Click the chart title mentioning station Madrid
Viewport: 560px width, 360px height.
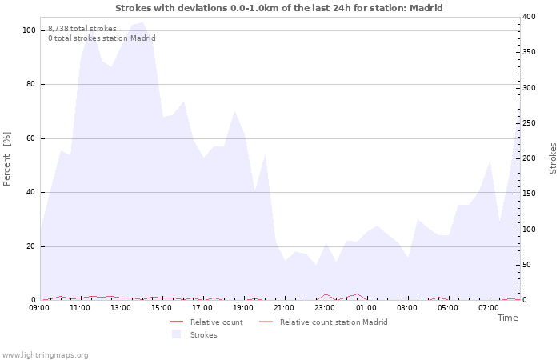[279, 8]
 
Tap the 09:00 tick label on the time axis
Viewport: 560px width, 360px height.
[39, 307]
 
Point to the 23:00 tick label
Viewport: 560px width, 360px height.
[325, 307]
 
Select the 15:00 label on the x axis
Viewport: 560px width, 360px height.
[162, 307]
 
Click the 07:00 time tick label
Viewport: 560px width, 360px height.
[488, 307]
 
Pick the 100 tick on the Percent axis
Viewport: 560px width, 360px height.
[29, 30]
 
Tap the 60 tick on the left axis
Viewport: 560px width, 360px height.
[30, 138]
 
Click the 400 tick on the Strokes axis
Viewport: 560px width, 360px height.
[529, 17]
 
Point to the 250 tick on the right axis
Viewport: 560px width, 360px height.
[529, 123]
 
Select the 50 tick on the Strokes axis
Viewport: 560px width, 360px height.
[526, 265]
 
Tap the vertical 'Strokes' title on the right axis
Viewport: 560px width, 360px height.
[553, 158]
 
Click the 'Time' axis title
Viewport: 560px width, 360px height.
[507, 318]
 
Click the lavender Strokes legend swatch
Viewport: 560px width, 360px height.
[176, 334]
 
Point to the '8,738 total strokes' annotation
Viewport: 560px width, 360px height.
[82, 29]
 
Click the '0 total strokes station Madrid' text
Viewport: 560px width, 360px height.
[102, 38]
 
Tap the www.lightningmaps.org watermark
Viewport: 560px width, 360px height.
[45, 354]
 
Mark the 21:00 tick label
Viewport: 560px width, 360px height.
[284, 307]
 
